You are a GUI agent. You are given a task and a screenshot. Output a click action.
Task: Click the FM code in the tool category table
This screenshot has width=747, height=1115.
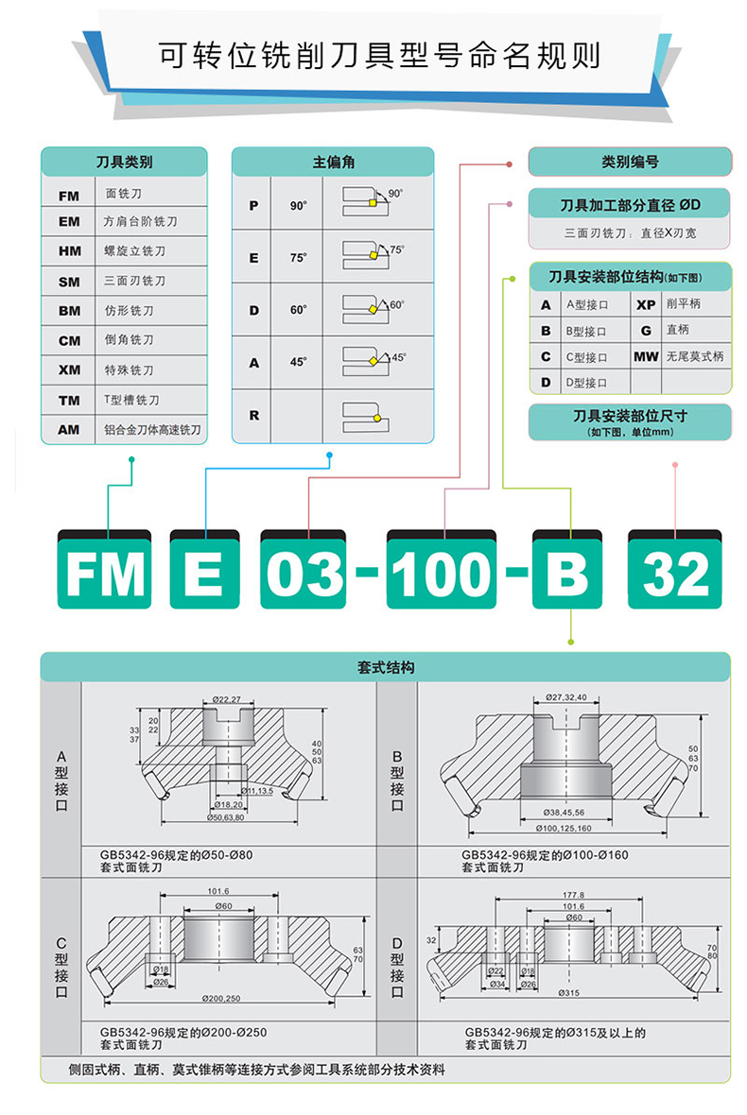pos(69,196)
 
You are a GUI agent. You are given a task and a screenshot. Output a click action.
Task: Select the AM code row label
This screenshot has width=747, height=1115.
pos(69,430)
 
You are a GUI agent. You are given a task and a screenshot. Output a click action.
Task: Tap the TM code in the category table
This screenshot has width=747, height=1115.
pos(69,401)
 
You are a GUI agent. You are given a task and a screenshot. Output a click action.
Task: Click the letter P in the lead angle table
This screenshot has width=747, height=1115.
pos(253,205)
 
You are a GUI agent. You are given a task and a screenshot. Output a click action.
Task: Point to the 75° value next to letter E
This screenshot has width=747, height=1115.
pos(298,257)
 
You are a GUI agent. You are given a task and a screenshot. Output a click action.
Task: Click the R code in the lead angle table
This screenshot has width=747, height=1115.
pos(253,415)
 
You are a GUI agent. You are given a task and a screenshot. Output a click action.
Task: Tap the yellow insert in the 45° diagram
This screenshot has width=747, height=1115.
pos(373,361)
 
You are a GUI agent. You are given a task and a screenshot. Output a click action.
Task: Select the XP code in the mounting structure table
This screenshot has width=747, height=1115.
pos(646,304)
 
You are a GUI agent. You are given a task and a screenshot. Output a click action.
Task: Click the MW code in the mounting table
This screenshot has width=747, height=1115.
pos(646,357)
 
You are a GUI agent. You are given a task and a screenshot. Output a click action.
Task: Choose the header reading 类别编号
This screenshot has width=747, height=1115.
pos(630,162)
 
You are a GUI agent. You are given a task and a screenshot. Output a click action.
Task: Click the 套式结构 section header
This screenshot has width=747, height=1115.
pos(386,667)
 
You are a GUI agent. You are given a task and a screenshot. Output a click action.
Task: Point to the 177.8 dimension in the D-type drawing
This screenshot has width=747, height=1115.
pos(573,894)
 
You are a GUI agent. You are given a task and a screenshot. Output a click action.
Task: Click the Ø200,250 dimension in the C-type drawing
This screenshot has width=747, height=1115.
pos(221,999)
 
